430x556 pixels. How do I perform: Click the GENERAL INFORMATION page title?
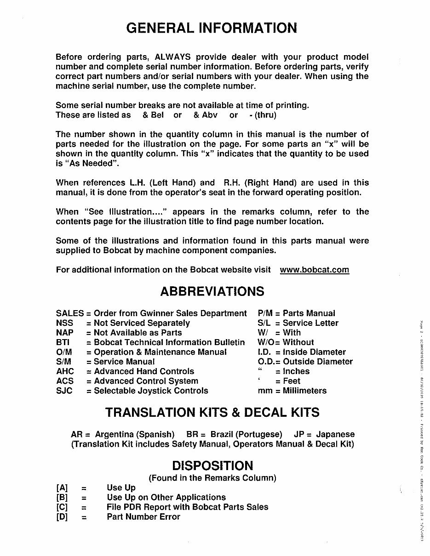click(x=212, y=28)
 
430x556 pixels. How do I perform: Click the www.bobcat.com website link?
click(x=314, y=270)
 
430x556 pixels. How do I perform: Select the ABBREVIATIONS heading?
click(x=212, y=291)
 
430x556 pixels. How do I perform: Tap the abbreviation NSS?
click(x=64, y=323)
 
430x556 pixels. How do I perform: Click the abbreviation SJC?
click(x=64, y=391)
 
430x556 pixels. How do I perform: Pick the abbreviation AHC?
click(x=65, y=371)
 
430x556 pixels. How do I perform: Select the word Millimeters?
click(x=304, y=391)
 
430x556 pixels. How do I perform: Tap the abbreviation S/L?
click(x=265, y=323)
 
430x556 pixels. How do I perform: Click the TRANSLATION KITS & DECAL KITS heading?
click(x=212, y=412)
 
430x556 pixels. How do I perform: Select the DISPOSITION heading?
click(x=212, y=465)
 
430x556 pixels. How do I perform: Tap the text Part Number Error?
click(x=143, y=516)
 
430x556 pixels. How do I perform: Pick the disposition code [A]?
click(x=62, y=488)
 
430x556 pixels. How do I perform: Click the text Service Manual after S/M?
click(x=124, y=362)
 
